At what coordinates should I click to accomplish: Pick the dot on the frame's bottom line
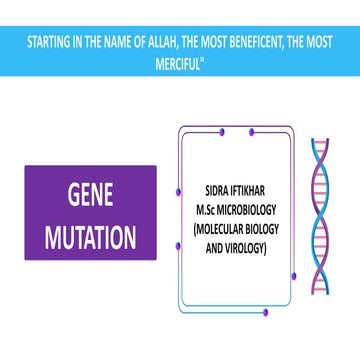point(264,297)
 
